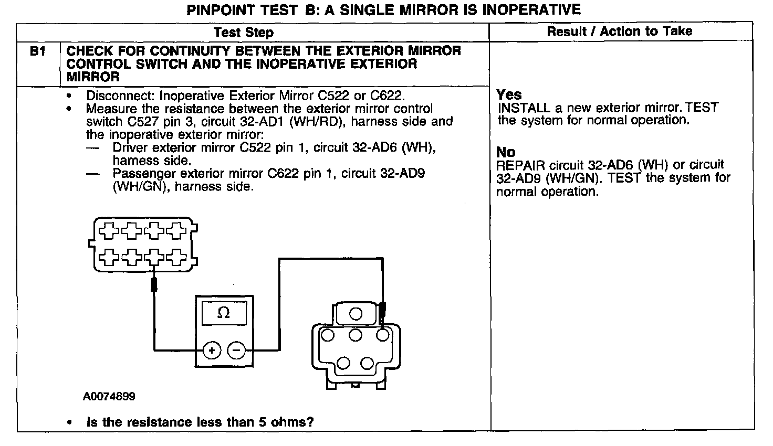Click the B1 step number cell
(x=38, y=51)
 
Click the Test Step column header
(x=244, y=33)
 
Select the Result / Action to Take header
(x=620, y=31)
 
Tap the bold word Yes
(x=509, y=95)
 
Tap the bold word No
(x=506, y=152)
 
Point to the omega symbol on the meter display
(x=224, y=313)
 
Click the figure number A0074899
(x=109, y=397)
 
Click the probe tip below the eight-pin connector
(x=154, y=285)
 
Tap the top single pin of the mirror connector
(x=356, y=314)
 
